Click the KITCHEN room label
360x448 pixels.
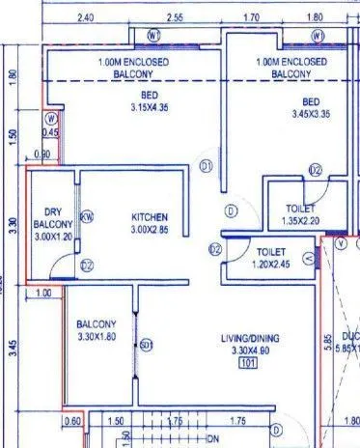tap(150, 217)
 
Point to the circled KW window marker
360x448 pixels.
tap(86, 217)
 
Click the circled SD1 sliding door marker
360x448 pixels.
tap(146, 345)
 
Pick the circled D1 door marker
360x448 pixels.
tap(206, 167)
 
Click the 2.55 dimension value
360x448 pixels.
tap(175, 17)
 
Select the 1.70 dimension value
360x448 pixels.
tap(250, 17)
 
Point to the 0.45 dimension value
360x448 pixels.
tap(51, 132)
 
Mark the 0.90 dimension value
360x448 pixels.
tap(42, 154)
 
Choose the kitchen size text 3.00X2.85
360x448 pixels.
tap(150, 230)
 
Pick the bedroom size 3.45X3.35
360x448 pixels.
tap(310, 113)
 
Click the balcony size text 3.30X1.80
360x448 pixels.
tap(96, 337)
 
